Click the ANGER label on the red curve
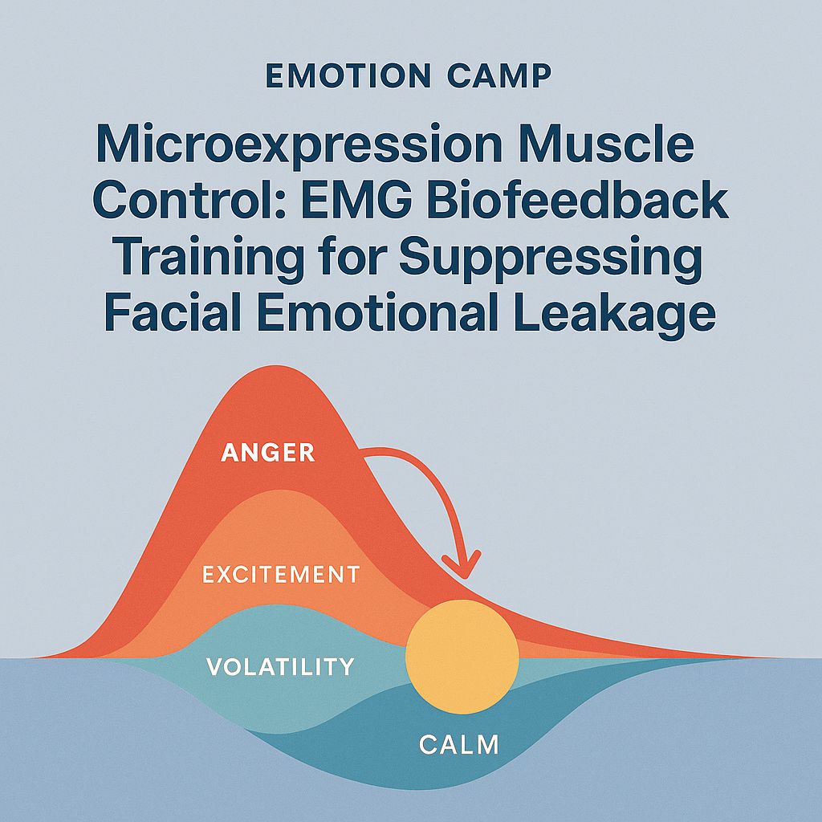(x=267, y=452)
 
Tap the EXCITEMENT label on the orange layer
(x=281, y=574)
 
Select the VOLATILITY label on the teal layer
(x=280, y=666)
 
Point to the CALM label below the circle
(x=458, y=744)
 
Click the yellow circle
(x=462, y=656)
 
